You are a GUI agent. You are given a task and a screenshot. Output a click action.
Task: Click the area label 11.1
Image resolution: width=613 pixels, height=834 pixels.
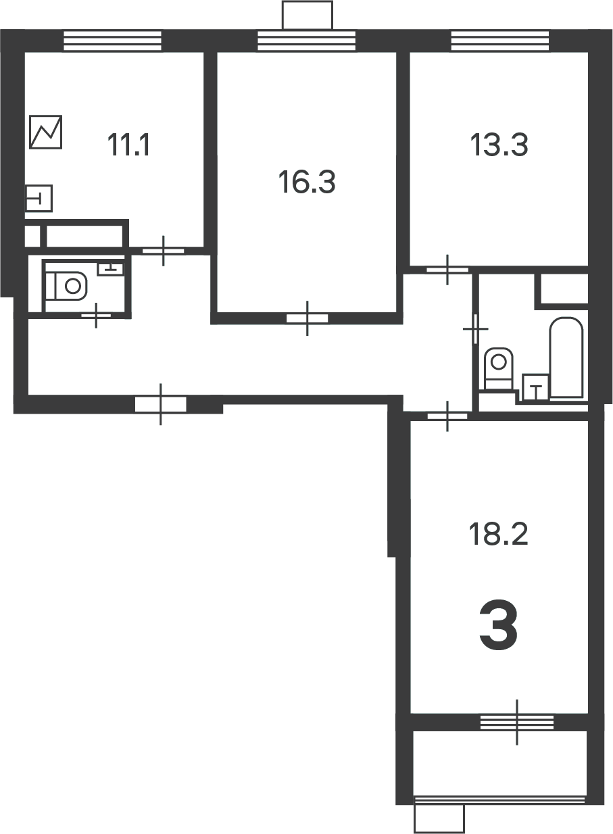128,145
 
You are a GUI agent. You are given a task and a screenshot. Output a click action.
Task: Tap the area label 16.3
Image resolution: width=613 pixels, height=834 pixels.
307,182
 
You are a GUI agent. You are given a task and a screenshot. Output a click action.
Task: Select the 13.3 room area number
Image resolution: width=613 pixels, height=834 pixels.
499,145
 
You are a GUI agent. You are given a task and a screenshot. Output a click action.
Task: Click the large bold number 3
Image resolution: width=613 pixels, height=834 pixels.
499,627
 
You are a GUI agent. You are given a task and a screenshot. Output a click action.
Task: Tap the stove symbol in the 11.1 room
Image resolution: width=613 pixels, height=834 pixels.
46,132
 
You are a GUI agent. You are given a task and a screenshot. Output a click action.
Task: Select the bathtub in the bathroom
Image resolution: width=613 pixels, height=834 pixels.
566,358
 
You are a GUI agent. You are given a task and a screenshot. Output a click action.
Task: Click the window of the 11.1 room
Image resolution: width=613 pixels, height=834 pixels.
113,41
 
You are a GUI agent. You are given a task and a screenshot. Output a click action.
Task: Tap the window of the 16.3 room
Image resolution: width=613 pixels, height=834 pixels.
307,41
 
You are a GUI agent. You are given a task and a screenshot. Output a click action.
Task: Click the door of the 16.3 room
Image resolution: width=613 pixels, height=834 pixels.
307,318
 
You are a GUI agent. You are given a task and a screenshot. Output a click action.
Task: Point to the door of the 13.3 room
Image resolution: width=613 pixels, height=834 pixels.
447,270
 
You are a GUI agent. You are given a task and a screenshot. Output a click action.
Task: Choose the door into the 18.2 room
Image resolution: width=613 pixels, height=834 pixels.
448,416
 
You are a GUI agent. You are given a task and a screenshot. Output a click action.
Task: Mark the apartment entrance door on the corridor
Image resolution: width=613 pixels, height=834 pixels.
160,403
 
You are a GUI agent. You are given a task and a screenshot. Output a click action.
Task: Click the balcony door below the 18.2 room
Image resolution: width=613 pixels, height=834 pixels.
517,722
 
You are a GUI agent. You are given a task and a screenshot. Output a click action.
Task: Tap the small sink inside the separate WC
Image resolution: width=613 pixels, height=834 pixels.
110,268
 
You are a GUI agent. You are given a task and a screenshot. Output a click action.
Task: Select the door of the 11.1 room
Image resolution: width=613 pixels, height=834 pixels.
163,251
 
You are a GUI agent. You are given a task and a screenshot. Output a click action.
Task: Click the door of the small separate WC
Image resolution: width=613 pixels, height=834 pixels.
96,315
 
